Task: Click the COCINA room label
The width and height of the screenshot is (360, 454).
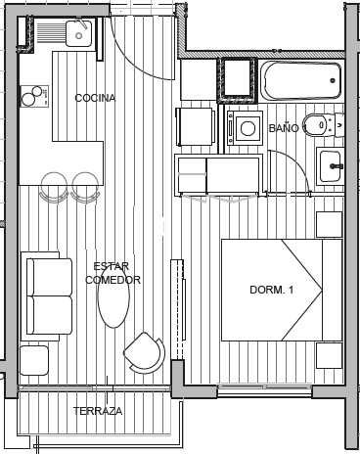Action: pos(95,98)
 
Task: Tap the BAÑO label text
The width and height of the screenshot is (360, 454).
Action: pos(284,128)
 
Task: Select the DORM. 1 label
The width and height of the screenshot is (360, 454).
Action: pos(272,290)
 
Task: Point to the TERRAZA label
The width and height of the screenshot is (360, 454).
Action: pos(98,411)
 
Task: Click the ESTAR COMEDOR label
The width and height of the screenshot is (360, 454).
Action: pos(112,273)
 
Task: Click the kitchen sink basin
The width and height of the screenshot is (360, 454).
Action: pos(78,33)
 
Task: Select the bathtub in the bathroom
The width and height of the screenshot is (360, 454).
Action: pos(301,80)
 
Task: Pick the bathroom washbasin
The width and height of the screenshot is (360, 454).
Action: pos(331,166)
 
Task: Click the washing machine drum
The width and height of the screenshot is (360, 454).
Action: pos(247,128)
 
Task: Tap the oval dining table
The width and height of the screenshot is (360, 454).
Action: pos(113,296)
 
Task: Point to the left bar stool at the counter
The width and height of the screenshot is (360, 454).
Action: pos(54,187)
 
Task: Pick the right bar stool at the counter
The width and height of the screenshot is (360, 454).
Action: pos(85,187)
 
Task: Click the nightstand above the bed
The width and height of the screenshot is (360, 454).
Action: pos(330,225)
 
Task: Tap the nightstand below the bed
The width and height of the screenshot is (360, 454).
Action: pos(330,355)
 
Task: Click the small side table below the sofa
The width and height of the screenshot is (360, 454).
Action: pos(34,360)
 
